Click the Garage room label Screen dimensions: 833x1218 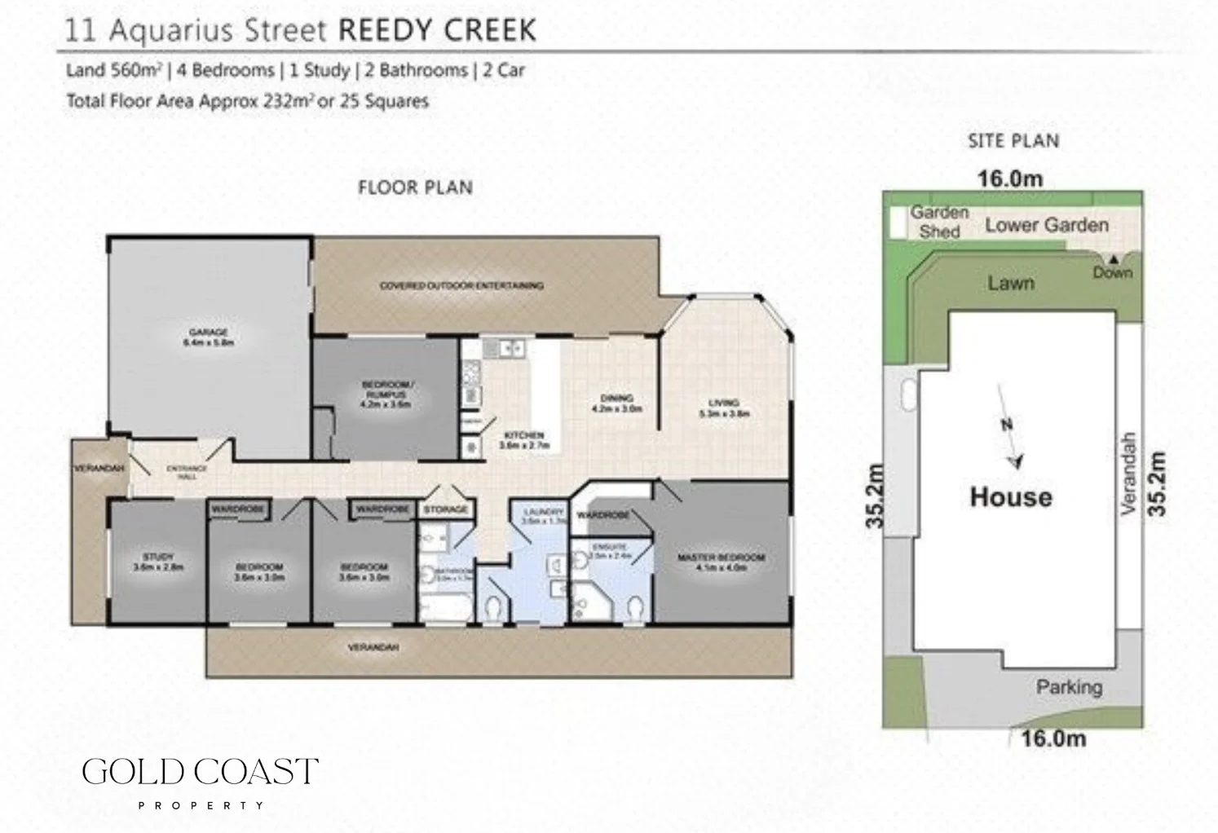coord(208,337)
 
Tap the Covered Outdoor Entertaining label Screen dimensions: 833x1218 coord(461,285)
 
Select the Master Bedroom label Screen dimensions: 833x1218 coord(721,562)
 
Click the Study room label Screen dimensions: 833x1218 coord(157,562)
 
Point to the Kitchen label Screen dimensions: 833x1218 coord(523,440)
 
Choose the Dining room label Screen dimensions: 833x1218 coord(616,403)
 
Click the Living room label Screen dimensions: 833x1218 coord(723,408)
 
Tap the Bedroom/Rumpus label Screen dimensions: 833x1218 coord(387,394)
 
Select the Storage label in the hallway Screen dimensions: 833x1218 coord(446,509)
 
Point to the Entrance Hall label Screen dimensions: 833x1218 coord(187,471)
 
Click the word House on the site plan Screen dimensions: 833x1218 coord(1010,496)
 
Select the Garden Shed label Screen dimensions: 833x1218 coord(939,222)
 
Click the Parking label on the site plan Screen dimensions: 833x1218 coord(1068,687)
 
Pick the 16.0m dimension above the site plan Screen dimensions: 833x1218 coord(1009,178)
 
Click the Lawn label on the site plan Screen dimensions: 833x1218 coord(1010,284)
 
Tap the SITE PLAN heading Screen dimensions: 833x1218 coord(1013,141)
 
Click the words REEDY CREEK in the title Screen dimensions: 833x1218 coord(436,31)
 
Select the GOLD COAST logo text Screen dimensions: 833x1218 coord(200,772)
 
